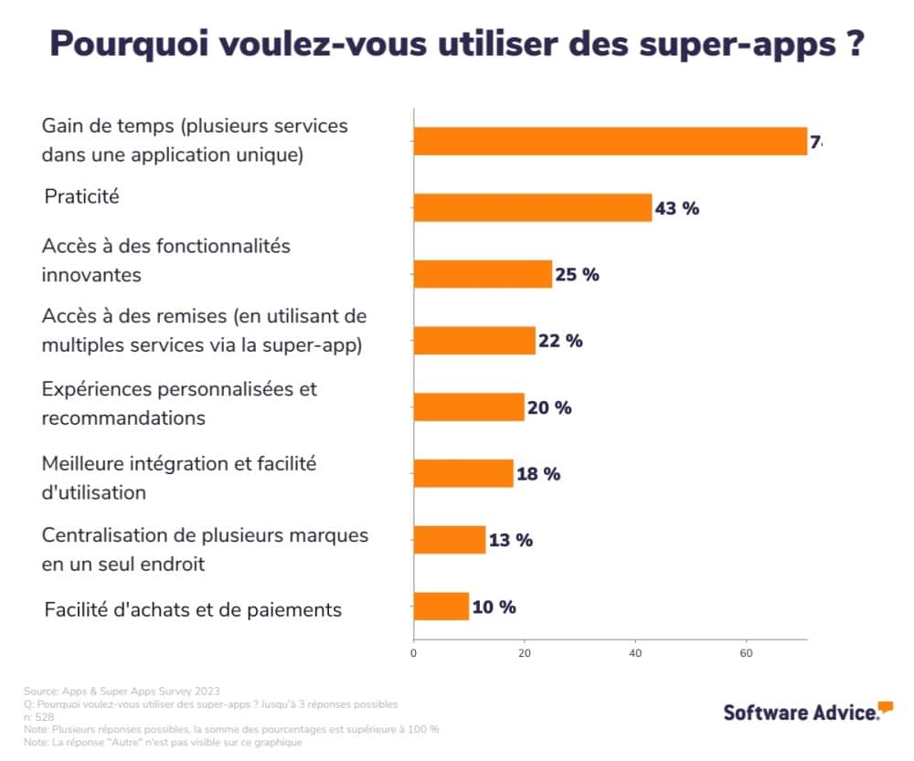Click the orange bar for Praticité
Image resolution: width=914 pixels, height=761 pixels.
coord(532,207)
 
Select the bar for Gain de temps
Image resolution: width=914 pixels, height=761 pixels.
coord(610,142)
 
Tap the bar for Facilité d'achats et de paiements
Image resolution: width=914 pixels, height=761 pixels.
coord(441,607)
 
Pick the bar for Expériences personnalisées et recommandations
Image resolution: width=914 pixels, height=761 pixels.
coord(469,407)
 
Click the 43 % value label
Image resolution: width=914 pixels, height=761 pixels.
coord(676,208)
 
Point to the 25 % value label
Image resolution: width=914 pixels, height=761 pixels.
coord(577,274)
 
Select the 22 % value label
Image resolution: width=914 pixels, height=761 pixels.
coord(560,341)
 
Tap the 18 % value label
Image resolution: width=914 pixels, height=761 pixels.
coord(538,474)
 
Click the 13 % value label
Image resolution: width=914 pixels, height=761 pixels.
coord(510,540)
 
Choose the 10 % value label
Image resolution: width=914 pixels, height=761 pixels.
coord(494,607)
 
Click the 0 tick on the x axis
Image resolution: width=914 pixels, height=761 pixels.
coord(414,654)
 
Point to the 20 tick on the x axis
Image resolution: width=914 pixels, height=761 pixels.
coord(525,654)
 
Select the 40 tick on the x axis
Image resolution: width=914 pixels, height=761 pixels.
coord(635,654)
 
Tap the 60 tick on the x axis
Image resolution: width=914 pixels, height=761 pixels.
coord(746,654)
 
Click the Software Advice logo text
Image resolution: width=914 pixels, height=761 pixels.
coord(801,713)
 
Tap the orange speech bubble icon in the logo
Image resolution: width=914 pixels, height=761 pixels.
coord(886,706)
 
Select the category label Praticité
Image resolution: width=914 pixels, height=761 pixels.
coord(82,196)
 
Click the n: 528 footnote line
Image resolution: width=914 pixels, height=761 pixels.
coord(39,717)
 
